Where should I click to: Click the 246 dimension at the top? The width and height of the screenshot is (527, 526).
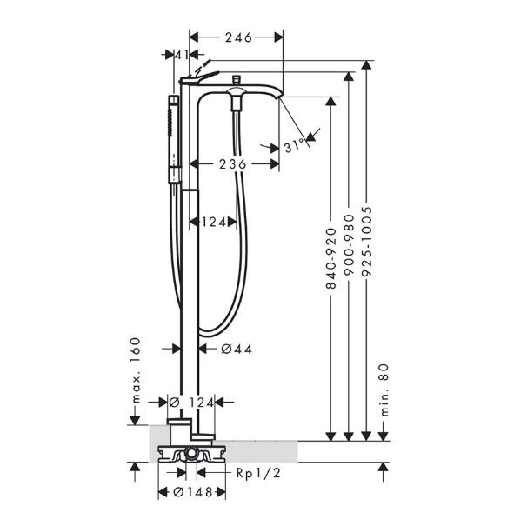[237, 37]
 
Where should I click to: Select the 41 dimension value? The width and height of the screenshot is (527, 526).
[182, 55]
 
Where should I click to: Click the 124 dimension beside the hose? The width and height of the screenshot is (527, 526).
[214, 222]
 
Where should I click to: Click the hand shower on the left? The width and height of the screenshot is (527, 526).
[174, 130]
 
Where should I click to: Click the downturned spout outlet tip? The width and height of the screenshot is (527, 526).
[280, 97]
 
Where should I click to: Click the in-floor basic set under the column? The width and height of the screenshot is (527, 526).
[191, 453]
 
